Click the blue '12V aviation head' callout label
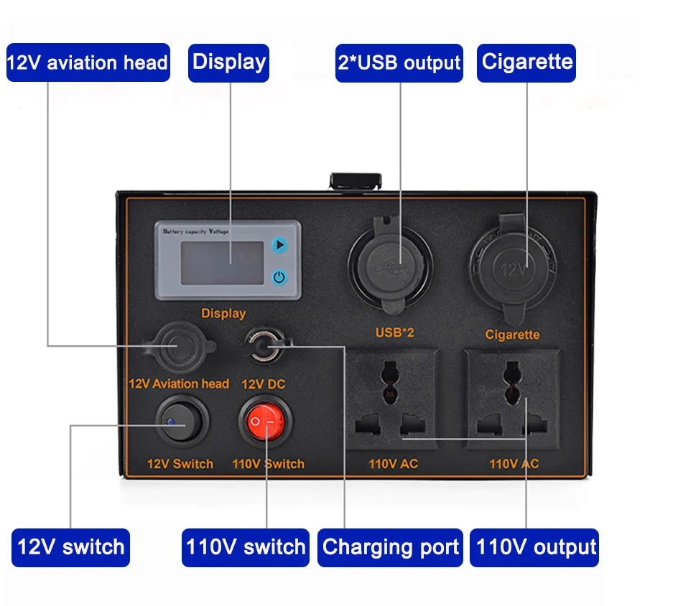point(88,62)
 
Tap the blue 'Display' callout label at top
point(229,62)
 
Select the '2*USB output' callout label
point(399,62)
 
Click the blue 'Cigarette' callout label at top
point(527,62)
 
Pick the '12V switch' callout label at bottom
point(70,548)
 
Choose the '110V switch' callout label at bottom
point(246,548)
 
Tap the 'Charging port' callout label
point(391,548)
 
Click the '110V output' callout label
point(536,548)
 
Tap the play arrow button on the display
point(279,246)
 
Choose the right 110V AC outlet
point(511,398)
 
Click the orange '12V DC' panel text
point(263,384)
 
